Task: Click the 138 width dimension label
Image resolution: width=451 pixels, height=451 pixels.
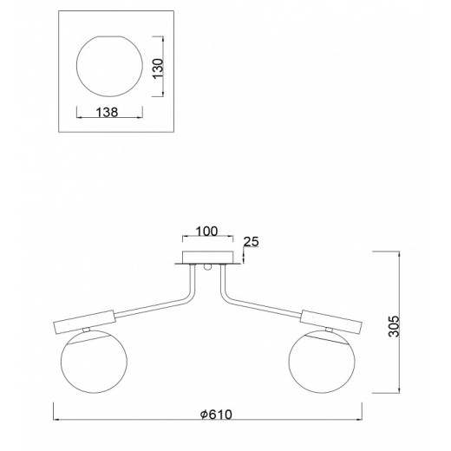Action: [x=107, y=112]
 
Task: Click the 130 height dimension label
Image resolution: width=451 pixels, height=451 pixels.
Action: [x=158, y=69]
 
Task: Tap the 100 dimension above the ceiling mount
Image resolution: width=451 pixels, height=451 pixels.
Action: [x=206, y=232]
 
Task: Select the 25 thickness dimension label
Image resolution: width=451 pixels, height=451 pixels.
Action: [x=252, y=242]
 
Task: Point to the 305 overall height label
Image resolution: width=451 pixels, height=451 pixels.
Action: [x=394, y=326]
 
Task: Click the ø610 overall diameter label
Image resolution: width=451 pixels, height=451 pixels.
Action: [x=216, y=415]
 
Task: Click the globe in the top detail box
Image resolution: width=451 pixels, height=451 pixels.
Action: [x=109, y=66]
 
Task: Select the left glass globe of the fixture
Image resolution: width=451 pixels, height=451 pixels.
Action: [x=94, y=362]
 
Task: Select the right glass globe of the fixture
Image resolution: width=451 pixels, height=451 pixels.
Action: [x=322, y=362]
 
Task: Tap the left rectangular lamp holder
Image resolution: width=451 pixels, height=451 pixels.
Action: [x=85, y=322]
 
